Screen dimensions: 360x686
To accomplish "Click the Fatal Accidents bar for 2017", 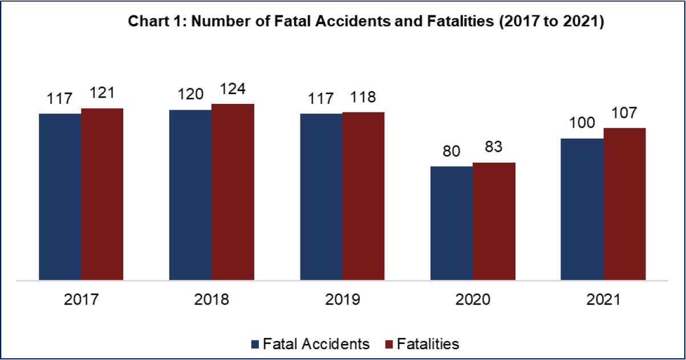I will tap(60, 197).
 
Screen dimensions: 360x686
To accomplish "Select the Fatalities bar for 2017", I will tap(102, 194).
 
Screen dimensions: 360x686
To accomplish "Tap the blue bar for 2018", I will tap(190, 195).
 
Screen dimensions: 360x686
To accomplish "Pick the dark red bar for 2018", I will tap(233, 192).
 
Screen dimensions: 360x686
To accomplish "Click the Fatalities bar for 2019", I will tap(363, 196).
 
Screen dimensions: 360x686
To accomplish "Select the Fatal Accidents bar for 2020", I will tap(452, 223).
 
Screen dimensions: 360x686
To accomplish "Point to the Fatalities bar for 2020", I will tap(494, 221).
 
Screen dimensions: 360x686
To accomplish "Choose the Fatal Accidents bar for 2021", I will tap(582, 209).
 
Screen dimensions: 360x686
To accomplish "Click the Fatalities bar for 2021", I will tap(624, 204).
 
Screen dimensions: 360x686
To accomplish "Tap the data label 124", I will tap(233, 92).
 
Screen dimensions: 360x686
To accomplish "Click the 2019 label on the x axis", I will tap(342, 300).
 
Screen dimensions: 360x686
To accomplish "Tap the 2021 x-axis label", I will tap(603, 300).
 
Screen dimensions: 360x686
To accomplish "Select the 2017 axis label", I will tap(81, 300).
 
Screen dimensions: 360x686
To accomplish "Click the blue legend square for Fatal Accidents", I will tap(255, 344).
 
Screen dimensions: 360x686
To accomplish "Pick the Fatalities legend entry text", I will tap(428, 344).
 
